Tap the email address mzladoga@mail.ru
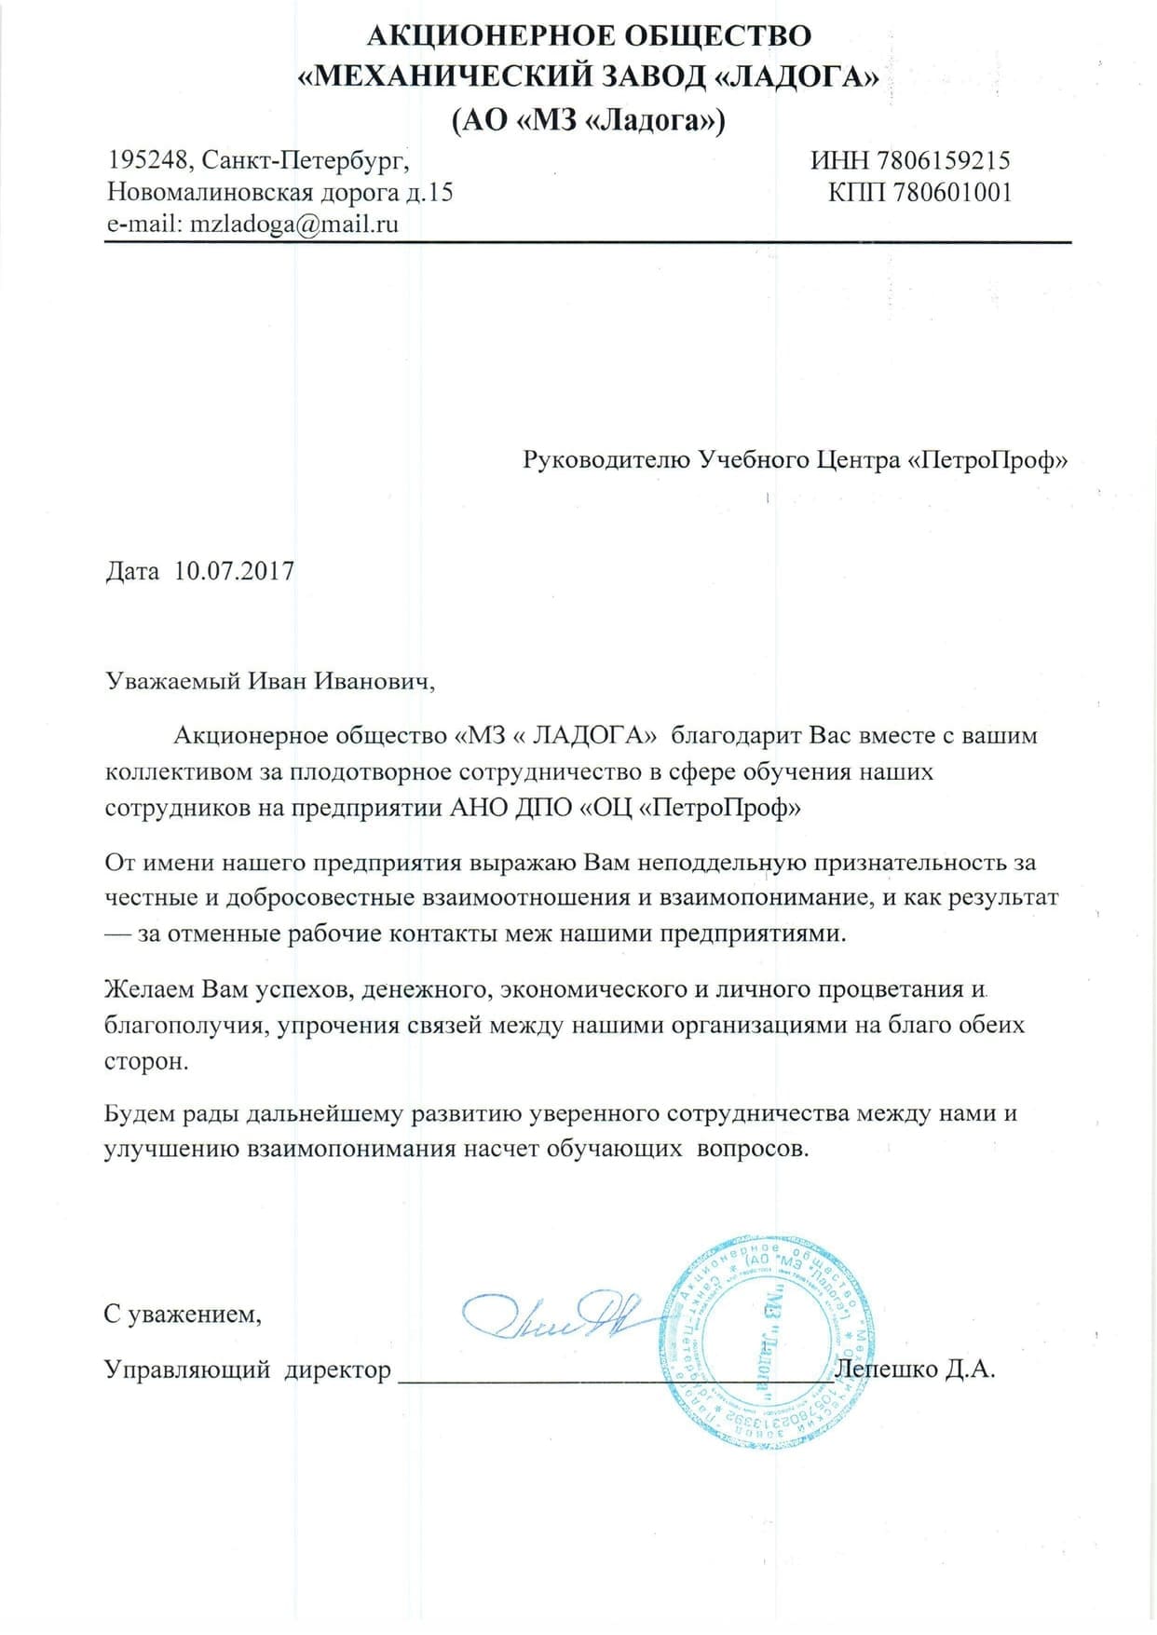pos(293,225)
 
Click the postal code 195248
pos(147,160)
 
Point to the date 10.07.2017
pos(234,571)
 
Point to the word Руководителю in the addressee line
pos(606,460)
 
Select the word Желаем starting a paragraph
pos(150,988)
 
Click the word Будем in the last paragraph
pos(141,1113)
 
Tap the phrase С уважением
pos(183,1315)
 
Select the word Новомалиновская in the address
pos(210,193)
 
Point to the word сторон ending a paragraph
pos(145,1061)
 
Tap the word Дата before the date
pos(132,571)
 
